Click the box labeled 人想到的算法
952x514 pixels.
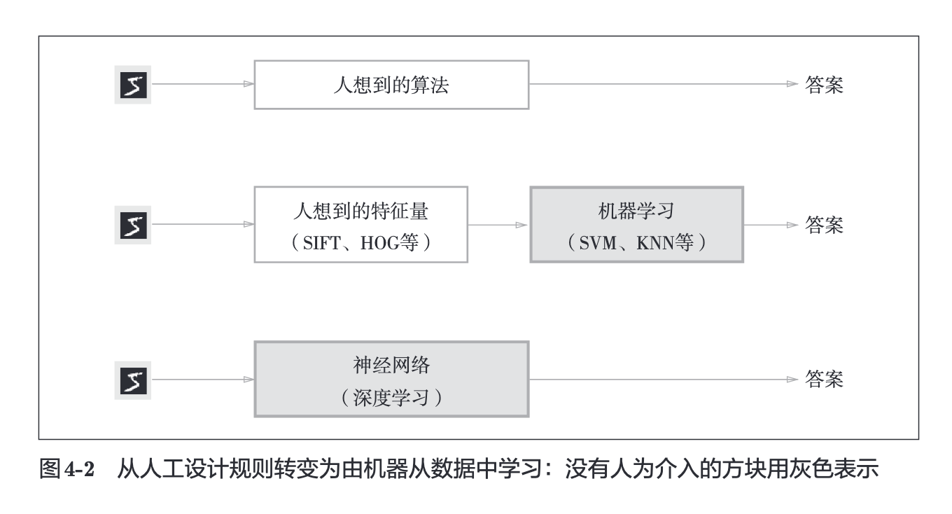click(x=391, y=85)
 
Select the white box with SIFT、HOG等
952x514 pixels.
click(x=360, y=225)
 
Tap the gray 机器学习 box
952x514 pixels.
click(x=637, y=225)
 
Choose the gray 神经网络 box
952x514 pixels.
click(x=391, y=380)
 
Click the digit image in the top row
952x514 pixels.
click(x=133, y=85)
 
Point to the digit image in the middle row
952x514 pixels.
click(x=133, y=225)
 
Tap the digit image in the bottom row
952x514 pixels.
click(x=133, y=380)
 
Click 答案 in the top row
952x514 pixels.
click(x=824, y=85)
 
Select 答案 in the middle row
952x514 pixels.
click(x=824, y=225)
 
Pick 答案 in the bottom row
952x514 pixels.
click(x=824, y=380)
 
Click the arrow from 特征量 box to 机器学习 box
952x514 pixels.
click(x=498, y=225)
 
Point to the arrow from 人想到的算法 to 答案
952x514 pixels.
click(x=664, y=84)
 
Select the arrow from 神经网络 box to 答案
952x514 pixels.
click(x=664, y=380)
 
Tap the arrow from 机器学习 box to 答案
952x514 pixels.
click(x=771, y=225)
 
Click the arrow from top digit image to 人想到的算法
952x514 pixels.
click(x=203, y=84)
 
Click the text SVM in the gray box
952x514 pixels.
click(x=598, y=243)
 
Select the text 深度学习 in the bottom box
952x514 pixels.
click(x=391, y=398)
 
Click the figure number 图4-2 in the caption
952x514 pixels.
click(x=66, y=469)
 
